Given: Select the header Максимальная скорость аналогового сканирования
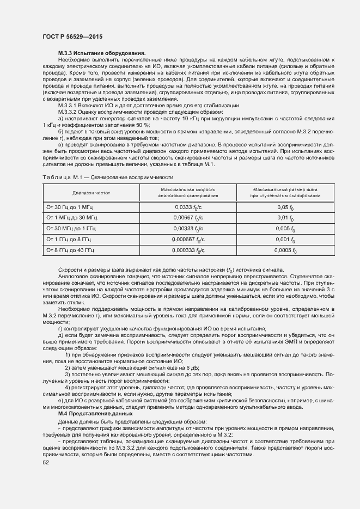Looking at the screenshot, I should [188, 193].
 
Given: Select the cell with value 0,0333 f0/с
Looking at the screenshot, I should [188, 207].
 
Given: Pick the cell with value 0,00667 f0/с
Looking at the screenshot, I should [188, 218].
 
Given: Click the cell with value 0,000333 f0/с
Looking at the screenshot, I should [188, 250].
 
